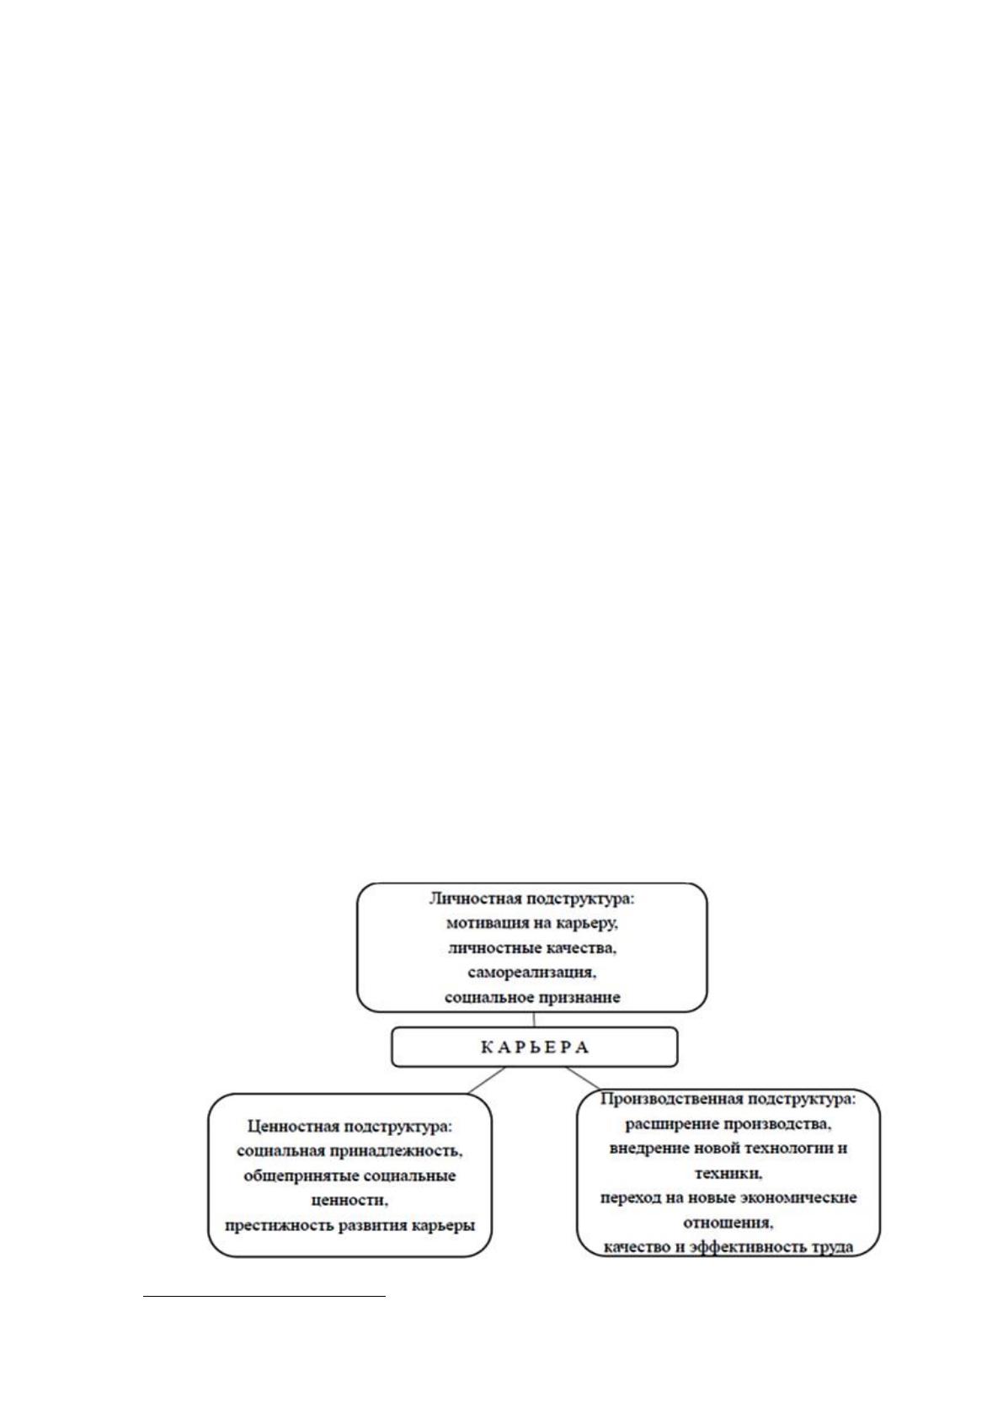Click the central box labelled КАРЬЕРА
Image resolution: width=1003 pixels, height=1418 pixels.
(x=535, y=1047)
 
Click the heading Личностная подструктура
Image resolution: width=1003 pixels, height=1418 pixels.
(x=532, y=899)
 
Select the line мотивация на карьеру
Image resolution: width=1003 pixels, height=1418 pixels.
(x=532, y=924)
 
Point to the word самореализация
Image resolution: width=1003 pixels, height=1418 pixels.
(x=532, y=973)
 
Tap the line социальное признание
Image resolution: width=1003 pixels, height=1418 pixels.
(x=532, y=997)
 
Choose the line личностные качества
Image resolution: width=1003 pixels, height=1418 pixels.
(x=532, y=948)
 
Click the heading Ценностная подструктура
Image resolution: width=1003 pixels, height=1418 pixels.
(x=350, y=1127)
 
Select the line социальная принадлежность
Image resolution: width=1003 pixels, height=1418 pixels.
(x=349, y=1151)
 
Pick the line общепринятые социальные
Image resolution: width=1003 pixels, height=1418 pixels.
(x=349, y=1176)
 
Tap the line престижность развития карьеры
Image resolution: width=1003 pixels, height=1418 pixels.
(x=349, y=1225)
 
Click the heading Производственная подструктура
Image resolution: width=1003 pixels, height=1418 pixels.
(x=728, y=1100)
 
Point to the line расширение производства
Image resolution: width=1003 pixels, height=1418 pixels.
(x=728, y=1124)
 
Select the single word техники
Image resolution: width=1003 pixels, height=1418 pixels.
(x=728, y=1173)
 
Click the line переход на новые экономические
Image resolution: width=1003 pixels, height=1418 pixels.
(x=728, y=1197)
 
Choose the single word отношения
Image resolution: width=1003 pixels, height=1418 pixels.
(x=728, y=1223)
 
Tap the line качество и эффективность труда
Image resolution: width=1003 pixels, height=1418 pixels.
(x=728, y=1247)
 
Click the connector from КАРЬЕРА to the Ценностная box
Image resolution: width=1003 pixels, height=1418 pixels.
(x=486, y=1080)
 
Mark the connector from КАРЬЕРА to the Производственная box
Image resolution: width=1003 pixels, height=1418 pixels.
(x=583, y=1078)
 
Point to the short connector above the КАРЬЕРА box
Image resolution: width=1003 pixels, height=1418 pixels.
(x=534, y=1019)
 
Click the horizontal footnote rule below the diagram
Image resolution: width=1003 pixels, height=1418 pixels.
(x=264, y=1297)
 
